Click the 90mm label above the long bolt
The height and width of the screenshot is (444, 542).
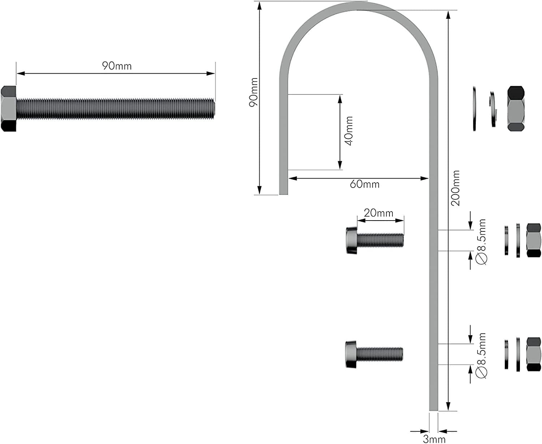pyautogui.click(x=116, y=66)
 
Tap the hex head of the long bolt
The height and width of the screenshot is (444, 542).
pyautogui.click(x=8, y=108)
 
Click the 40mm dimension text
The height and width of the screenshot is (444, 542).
pyautogui.click(x=349, y=131)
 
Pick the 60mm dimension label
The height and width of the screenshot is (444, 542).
pyautogui.click(x=365, y=184)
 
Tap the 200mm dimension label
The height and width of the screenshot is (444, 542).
pyautogui.click(x=456, y=188)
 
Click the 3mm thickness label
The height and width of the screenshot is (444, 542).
pyautogui.click(x=434, y=439)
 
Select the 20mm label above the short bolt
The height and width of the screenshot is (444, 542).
pyautogui.click(x=378, y=213)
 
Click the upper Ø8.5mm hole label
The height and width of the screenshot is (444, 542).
pyautogui.click(x=482, y=242)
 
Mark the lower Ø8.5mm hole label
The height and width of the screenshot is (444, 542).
pyautogui.click(x=482, y=355)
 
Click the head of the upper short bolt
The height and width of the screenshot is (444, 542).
pyautogui.click(x=352, y=240)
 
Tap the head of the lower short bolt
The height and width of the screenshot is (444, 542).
pyautogui.click(x=351, y=354)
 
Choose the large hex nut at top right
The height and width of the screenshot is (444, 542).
pyautogui.click(x=516, y=108)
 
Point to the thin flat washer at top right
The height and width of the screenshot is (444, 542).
pyautogui.click(x=474, y=108)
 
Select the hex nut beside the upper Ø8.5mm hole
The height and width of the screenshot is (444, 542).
pyautogui.click(x=534, y=240)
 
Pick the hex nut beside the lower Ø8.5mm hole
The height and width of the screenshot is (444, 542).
pyautogui.click(x=534, y=354)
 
